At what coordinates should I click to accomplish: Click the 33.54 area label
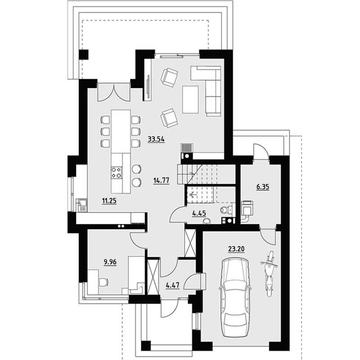(x=156, y=139)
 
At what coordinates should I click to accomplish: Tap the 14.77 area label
(x=162, y=180)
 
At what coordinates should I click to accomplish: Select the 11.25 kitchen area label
(x=109, y=201)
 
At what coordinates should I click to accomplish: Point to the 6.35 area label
(x=263, y=187)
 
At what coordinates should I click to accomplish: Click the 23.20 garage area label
(x=236, y=249)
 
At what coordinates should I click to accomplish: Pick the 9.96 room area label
(x=110, y=262)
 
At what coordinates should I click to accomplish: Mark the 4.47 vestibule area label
(x=172, y=285)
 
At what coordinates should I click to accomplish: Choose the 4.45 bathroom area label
(x=199, y=213)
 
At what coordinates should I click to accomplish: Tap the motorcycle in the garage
(x=269, y=274)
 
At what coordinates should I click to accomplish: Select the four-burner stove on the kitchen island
(x=117, y=173)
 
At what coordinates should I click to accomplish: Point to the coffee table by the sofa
(x=190, y=99)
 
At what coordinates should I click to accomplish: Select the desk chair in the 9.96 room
(x=103, y=282)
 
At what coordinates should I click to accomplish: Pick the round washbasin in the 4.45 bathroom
(x=207, y=221)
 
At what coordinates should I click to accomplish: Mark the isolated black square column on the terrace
(x=84, y=54)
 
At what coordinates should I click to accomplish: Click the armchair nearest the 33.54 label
(x=169, y=118)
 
